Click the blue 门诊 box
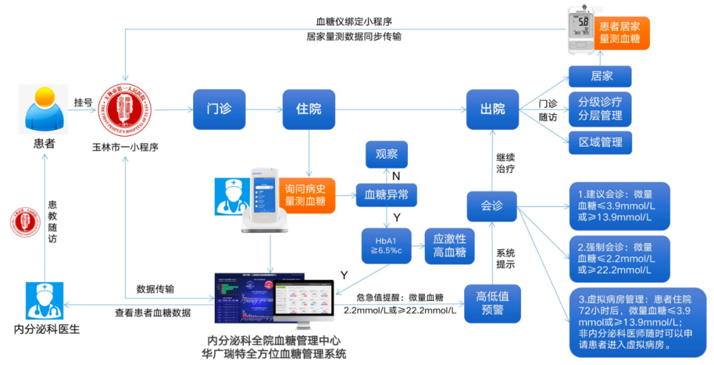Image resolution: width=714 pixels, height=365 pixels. pyautogui.click(x=219, y=109)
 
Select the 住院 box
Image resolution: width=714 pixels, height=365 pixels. pyautogui.click(x=309, y=109)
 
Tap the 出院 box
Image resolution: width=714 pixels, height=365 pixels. pyautogui.click(x=493, y=109)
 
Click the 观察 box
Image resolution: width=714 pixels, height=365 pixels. pyautogui.click(x=387, y=155)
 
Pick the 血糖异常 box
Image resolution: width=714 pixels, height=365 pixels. pyautogui.click(x=387, y=195)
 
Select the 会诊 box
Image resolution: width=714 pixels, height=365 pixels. pyautogui.click(x=493, y=206)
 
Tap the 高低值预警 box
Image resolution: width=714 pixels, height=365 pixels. pyautogui.click(x=493, y=304)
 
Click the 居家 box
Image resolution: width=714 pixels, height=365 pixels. pyautogui.click(x=600, y=77)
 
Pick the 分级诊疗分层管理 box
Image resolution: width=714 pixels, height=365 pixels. pyautogui.click(x=600, y=110)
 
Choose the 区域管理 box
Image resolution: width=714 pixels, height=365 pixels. pyautogui.click(x=600, y=143)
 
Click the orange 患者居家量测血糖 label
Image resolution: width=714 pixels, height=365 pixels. pyautogui.click(x=619, y=33)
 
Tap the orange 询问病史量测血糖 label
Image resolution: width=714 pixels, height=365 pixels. pyautogui.click(x=305, y=195)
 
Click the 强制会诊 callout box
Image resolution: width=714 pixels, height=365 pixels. pyautogui.click(x=619, y=258)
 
